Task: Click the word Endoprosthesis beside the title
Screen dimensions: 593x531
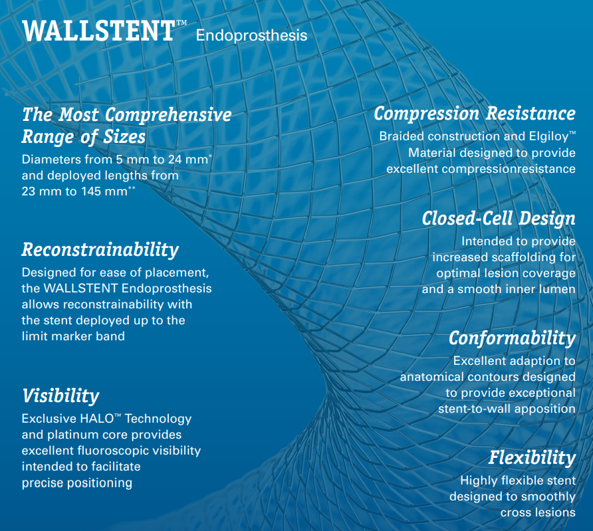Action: (251, 36)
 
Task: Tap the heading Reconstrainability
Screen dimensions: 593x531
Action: (100, 250)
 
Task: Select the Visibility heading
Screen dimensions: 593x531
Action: (60, 396)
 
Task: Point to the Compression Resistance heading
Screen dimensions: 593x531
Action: (475, 114)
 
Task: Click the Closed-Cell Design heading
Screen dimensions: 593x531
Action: (499, 219)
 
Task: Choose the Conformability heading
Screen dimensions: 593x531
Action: (512, 338)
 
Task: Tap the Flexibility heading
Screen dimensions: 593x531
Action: (532, 458)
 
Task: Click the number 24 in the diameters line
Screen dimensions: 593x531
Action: (175, 159)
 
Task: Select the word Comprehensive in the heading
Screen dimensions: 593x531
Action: (168, 115)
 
